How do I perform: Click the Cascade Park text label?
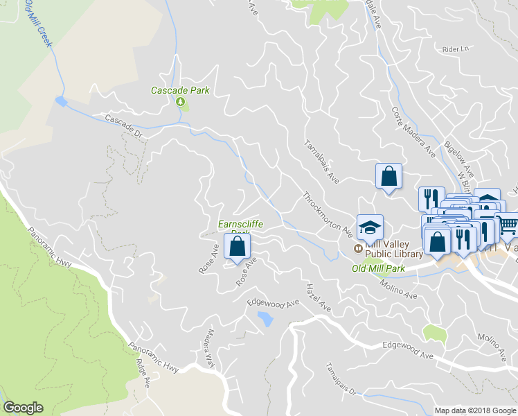tap(180, 91)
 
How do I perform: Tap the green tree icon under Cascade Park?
tap(181, 103)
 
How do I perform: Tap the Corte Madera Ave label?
tap(413, 131)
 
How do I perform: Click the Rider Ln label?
tap(455, 49)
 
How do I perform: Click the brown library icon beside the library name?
tap(358, 248)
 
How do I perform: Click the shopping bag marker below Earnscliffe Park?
tap(237, 246)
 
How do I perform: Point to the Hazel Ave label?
tap(319, 297)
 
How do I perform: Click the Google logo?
tap(23, 408)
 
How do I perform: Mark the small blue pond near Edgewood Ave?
tap(265, 318)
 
